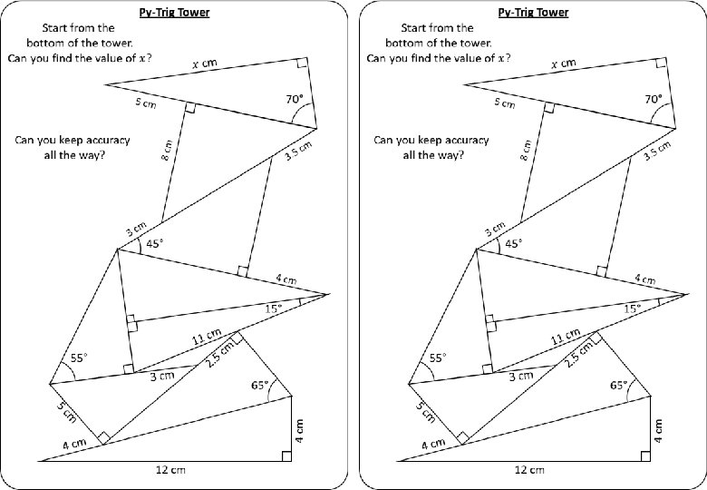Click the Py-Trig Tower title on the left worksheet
click(176, 13)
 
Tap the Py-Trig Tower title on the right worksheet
click(534, 13)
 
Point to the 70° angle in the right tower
click(653, 99)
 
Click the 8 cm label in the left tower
click(169, 149)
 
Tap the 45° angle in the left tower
click(156, 243)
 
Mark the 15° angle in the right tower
click(633, 309)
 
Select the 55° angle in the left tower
click(80, 358)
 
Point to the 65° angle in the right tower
click(619, 385)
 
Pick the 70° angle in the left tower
click(295, 99)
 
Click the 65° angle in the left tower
click(261, 385)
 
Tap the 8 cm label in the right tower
click(527, 149)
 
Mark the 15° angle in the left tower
click(275, 309)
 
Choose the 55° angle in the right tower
click(438, 358)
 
